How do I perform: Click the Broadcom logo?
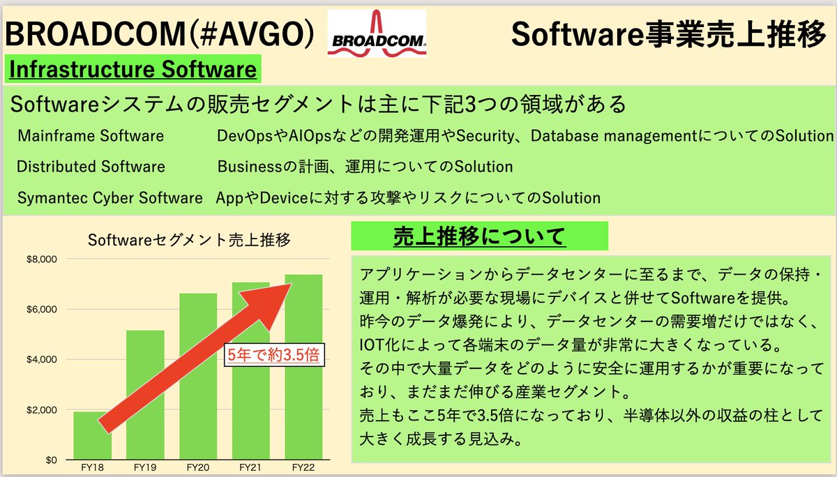tap(377, 33)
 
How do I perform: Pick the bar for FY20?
tap(198, 377)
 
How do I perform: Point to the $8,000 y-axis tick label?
tap(45, 259)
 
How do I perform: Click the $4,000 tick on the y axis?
tap(45, 360)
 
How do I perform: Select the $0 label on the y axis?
tap(50, 460)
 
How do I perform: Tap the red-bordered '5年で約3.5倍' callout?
tap(274, 355)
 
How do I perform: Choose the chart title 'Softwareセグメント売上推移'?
tap(189, 240)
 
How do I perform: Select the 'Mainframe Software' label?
tap(91, 135)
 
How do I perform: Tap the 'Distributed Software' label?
tap(91, 167)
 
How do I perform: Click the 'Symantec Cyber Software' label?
tap(110, 198)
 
